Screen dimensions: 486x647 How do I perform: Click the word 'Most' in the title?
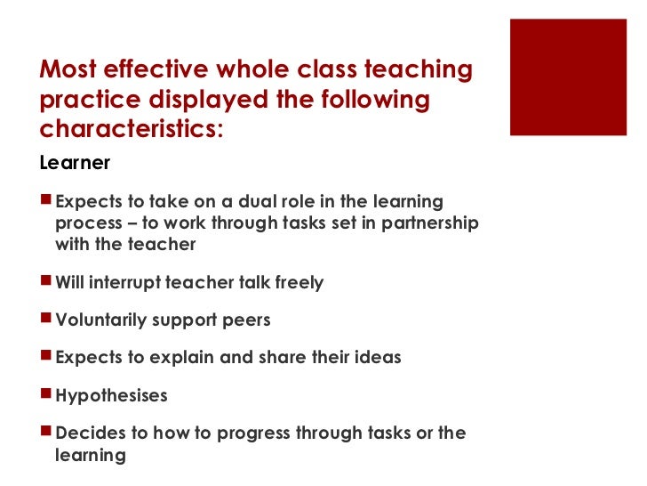tap(70, 70)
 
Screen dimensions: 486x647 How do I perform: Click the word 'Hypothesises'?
tap(111, 395)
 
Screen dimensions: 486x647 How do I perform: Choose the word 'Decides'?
tap(85, 433)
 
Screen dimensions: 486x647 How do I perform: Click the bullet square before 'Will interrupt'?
tap(46, 282)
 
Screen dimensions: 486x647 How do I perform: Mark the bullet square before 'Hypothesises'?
tap(46, 394)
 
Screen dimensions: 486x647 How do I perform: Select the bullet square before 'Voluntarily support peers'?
tap(46, 320)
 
